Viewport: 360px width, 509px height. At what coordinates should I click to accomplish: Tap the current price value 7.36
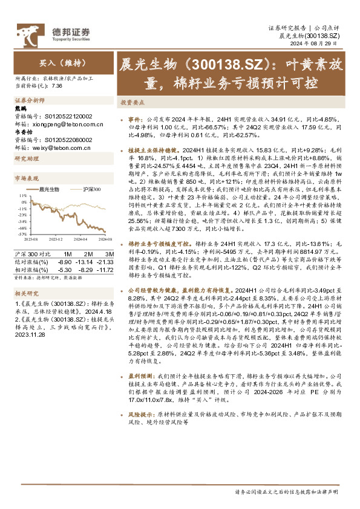pos(57,86)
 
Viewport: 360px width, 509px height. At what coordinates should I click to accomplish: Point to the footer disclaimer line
pos(286,493)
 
